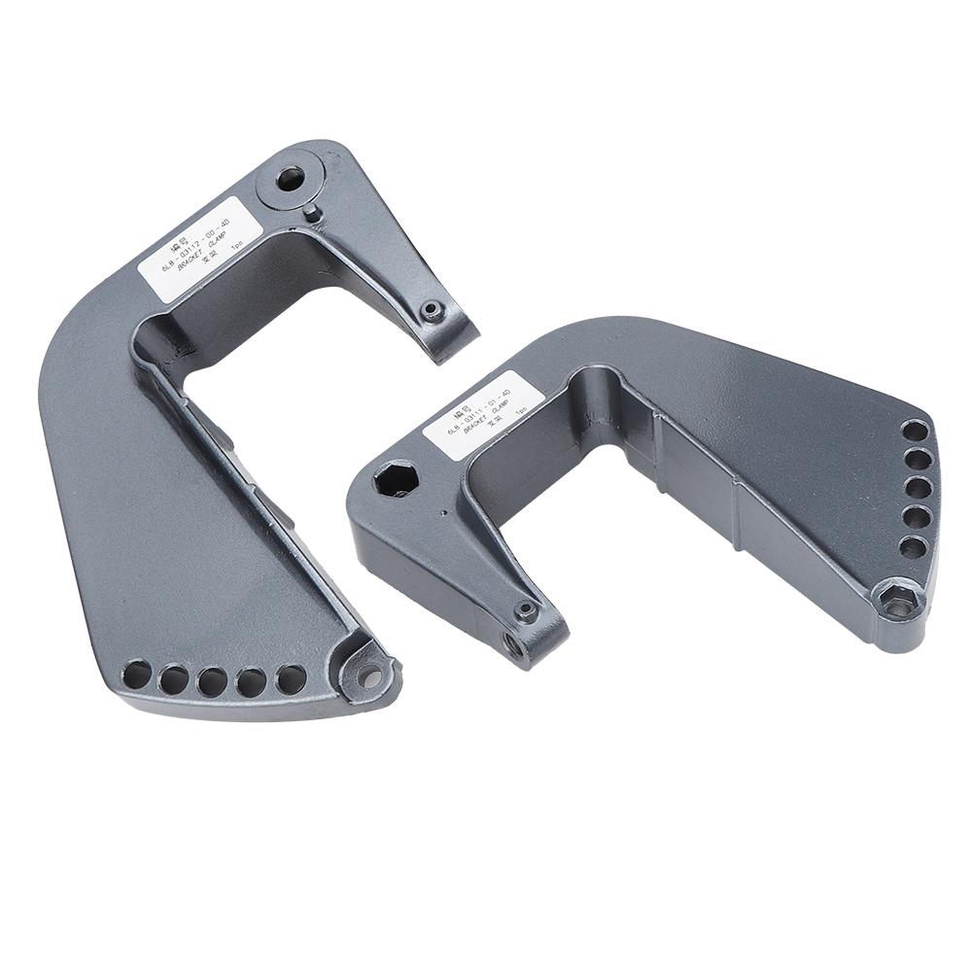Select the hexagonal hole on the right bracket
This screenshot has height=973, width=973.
click(x=396, y=478)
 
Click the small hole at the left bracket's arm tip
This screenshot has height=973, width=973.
click(x=433, y=311)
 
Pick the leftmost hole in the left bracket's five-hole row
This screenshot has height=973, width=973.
click(x=138, y=673)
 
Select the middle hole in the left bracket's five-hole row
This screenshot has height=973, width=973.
click(x=212, y=681)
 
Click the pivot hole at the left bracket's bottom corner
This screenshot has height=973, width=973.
click(x=368, y=676)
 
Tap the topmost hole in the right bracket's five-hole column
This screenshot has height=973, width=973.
click(x=915, y=430)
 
